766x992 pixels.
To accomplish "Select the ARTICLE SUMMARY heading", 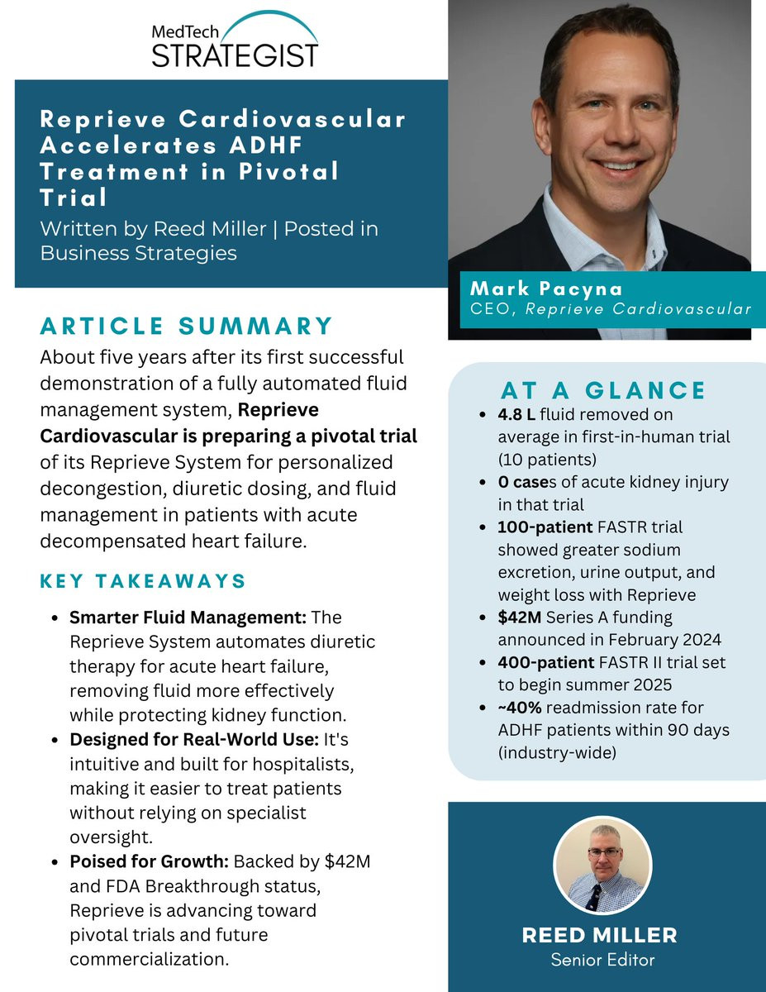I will [x=187, y=326].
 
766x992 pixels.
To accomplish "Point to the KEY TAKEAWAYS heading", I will [x=143, y=581].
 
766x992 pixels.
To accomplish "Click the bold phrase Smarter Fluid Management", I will [x=188, y=618].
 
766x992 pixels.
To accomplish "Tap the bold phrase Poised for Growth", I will [x=149, y=862].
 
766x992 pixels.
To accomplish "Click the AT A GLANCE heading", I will [x=603, y=390].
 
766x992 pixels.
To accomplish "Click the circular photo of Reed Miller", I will [x=602, y=865].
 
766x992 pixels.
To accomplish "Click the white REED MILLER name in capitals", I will [x=600, y=935].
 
